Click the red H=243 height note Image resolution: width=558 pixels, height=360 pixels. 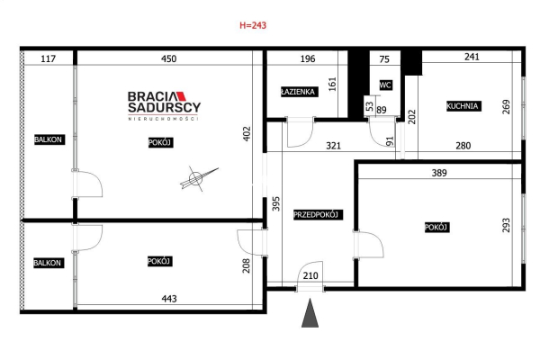(253, 25)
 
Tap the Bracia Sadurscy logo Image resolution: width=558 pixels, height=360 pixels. (164, 106)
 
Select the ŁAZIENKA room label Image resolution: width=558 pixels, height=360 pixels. (298, 92)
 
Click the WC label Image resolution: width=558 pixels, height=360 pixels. (385, 85)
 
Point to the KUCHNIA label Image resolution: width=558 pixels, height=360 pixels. (463, 106)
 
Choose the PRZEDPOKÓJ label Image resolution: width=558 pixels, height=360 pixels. (316, 215)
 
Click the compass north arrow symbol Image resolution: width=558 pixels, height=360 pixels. (198, 178)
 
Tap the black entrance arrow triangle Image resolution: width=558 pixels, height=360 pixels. (310, 313)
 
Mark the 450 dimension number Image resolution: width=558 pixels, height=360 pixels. (168, 58)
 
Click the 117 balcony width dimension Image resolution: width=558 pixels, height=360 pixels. (48, 58)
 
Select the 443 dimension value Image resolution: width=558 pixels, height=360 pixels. (169, 299)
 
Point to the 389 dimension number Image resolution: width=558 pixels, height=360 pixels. (439, 173)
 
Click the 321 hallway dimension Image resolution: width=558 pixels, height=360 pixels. (333, 146)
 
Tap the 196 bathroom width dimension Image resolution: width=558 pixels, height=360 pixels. (308, 58)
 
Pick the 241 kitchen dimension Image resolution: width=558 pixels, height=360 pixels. (472, 57)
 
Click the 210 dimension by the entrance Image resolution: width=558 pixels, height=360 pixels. (310, 275)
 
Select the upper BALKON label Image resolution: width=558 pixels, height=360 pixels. (48, 139)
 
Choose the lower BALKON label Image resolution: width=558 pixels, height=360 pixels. (48, 263)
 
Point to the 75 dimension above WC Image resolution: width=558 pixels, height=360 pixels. (384, 59)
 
